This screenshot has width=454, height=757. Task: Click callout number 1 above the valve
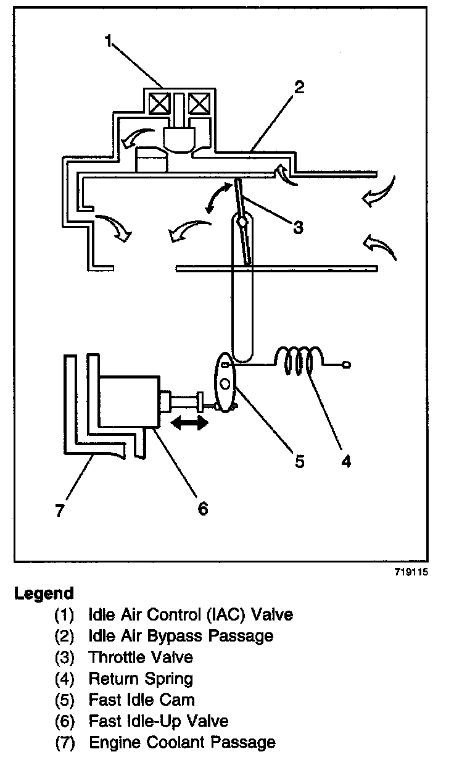coord(109,42)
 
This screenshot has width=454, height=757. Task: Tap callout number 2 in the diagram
coord(299,86)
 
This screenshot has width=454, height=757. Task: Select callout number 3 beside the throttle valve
coord(298,227)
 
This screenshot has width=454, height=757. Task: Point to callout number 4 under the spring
coord(346,461)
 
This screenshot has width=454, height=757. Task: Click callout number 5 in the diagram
coord(299,461)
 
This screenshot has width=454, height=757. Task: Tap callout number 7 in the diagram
coord(60,511)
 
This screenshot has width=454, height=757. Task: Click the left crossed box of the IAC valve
coord(159,102)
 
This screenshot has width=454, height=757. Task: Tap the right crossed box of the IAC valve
coord(199,102)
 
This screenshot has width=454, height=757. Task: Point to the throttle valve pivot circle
coord(242,220)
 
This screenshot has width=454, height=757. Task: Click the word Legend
coord(44,593)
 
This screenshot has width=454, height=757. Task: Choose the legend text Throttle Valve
coord(141,657)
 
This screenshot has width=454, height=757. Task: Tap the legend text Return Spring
coord(141,679)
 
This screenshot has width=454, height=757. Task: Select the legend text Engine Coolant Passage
coord(182,742)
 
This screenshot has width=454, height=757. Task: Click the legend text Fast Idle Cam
coord(142,700)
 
